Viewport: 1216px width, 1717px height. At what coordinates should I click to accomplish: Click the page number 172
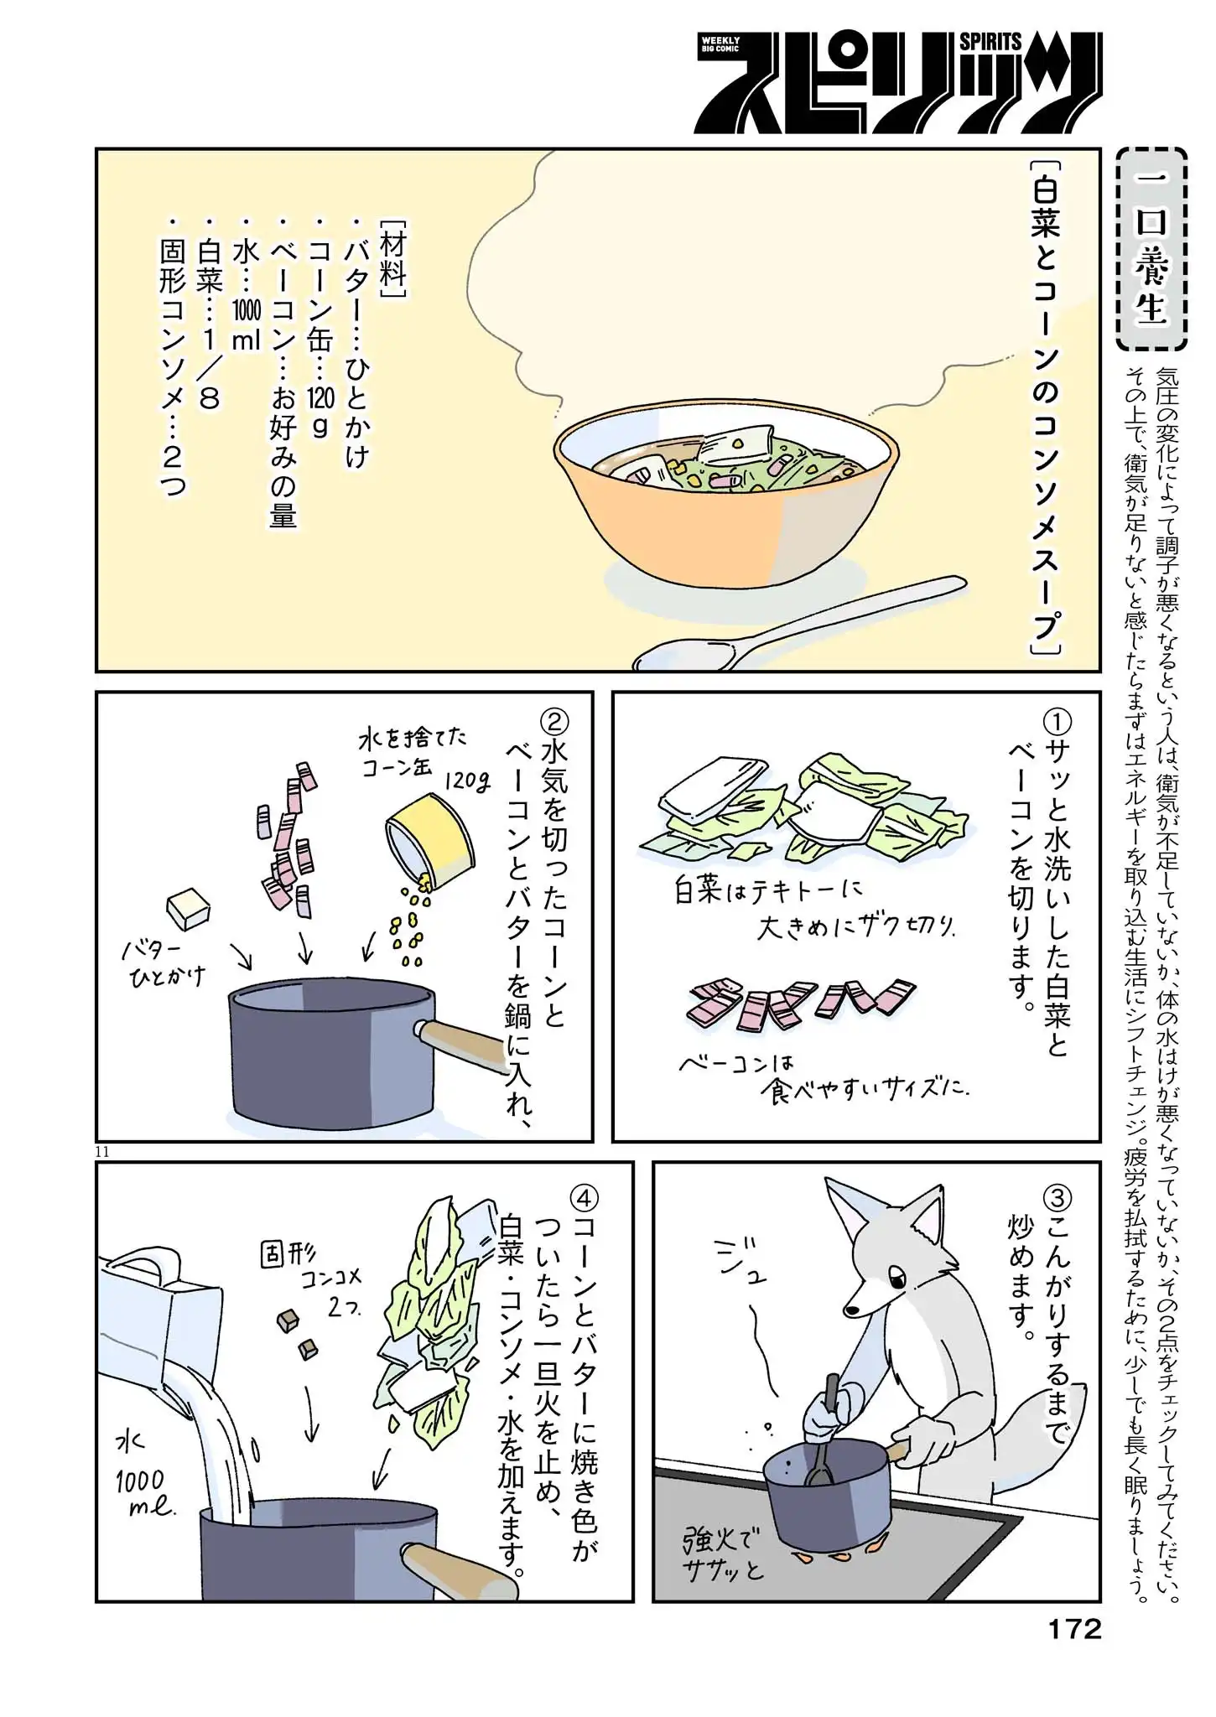coord(1074,1628)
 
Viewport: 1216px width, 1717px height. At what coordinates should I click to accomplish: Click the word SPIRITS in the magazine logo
coord(990,41)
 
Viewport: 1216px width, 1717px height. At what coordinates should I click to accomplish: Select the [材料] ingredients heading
coord(392,260)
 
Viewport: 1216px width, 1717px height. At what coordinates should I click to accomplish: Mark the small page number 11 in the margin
coord(102,1152)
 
